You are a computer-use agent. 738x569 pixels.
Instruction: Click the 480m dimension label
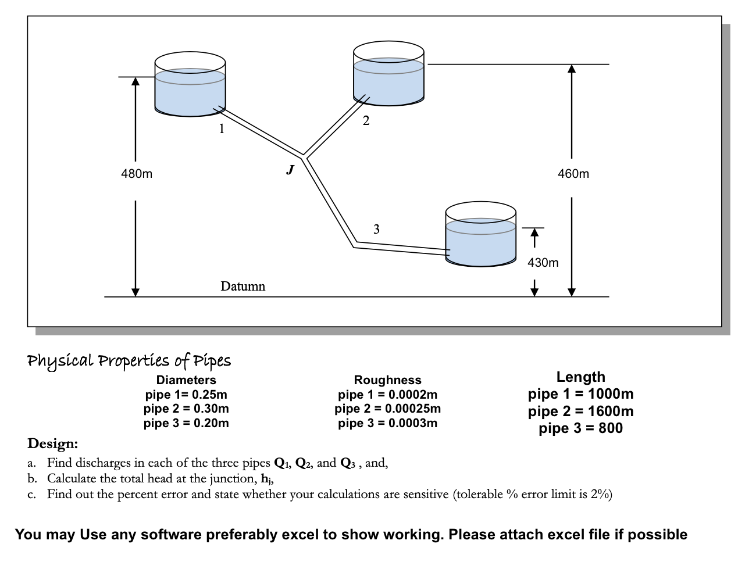point(137,174)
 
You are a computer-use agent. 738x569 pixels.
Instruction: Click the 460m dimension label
point(573,174)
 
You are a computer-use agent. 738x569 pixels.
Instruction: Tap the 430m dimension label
point(543,263)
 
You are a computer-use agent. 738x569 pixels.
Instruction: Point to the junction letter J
point(290,170)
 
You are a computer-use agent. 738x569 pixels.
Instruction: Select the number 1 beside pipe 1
point(221,129)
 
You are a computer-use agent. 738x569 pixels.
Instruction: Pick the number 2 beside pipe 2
point(365,121)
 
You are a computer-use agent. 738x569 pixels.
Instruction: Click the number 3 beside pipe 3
point(376,229)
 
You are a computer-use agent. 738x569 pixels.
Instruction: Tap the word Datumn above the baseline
point(243,286)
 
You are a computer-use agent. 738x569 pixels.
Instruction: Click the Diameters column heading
point(186,380)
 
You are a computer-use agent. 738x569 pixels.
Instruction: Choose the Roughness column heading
point(387,380)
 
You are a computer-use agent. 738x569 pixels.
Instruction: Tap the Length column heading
point(580,377)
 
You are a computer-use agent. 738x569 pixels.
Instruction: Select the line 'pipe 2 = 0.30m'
point(186,409)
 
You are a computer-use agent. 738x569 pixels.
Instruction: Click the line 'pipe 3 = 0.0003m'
point(387,423)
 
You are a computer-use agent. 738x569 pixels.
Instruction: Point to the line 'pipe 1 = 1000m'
point(580,394)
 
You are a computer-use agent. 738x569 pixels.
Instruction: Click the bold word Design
point(52,443)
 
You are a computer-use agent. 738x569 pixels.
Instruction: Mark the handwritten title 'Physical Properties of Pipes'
point(129,360)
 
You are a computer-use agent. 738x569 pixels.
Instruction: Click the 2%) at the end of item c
point(602,495)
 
